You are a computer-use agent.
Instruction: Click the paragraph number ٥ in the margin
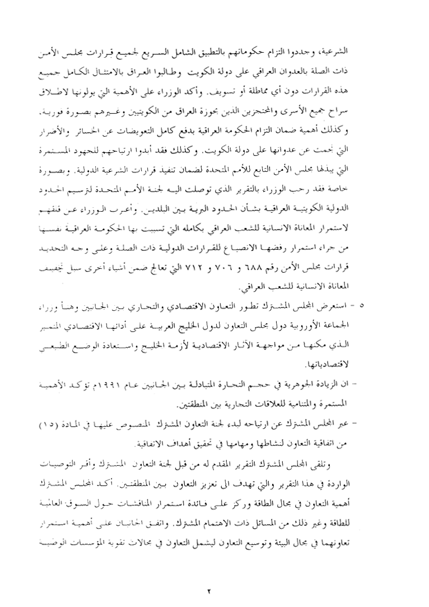point(362,306)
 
